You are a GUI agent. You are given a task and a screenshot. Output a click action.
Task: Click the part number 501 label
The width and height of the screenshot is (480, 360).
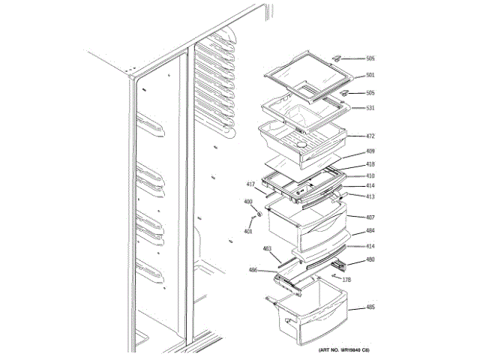pos(370,76)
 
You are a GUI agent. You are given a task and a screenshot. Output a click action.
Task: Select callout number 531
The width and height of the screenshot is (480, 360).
pos(370,108)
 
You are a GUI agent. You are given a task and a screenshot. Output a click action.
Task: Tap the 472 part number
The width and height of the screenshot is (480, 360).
pos(370,136)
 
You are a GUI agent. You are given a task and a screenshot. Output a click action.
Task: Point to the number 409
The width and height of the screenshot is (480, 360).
pos(370,151)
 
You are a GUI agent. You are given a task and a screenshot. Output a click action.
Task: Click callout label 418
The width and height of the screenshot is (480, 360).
pos(370,164)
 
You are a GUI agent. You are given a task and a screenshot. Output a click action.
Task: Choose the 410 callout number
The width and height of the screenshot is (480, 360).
pos(370,176)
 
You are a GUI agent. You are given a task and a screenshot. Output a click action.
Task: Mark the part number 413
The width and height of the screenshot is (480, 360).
pos(370,196)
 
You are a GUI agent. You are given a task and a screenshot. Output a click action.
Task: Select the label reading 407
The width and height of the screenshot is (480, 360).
pos(370,217)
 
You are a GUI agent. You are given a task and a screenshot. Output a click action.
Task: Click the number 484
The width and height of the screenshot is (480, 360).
pos(370,231)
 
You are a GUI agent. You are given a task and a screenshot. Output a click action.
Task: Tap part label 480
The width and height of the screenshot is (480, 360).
pos(370,261)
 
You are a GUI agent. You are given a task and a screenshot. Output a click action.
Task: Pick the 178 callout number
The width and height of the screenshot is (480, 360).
pos(346,280)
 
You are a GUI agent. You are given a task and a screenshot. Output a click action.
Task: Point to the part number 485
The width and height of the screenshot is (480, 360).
pos(370,307)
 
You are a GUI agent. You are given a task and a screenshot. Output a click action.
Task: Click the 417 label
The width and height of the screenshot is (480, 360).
pos(251,184)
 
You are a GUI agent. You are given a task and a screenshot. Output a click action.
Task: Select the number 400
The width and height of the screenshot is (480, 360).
pos(248,202)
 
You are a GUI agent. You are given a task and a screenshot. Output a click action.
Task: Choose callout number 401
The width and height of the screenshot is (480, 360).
pos(248,230)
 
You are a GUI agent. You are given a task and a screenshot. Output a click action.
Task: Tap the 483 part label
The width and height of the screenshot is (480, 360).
pos(267,249)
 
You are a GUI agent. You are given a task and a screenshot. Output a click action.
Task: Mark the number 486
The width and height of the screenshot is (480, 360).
pos(253,270)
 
